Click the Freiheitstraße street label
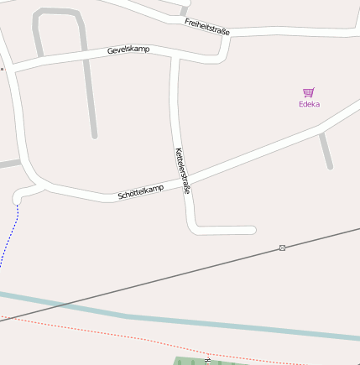pos(207,25)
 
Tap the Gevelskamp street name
pos(128,50)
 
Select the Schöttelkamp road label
pos(141,194)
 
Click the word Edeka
pos(309,105)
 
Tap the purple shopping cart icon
pos(309,92)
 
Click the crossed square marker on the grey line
pos(282,248)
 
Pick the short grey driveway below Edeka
pos(326,151)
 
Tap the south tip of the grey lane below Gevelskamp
pos(95,133)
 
